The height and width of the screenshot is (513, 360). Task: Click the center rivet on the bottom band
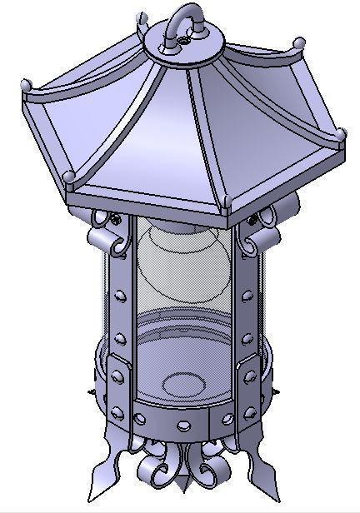coord(182,426)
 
